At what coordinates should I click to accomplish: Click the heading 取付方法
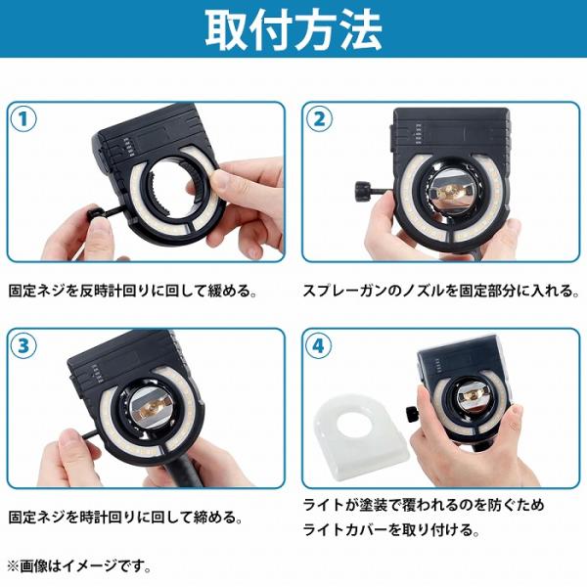coord(293,29)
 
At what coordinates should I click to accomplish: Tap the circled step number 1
coord(23,119)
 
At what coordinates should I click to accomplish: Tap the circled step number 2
coord(319,119)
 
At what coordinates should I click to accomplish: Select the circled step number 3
coord(23,345)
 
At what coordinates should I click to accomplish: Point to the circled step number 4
coord(319,345)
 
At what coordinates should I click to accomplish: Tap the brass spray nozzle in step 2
coord(448,191)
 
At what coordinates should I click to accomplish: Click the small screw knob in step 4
coord(411,414)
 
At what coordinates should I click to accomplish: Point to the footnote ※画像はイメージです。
coord(79,567)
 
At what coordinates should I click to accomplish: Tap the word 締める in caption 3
coord(214,518)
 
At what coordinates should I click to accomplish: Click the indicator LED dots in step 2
coord(419,134)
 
